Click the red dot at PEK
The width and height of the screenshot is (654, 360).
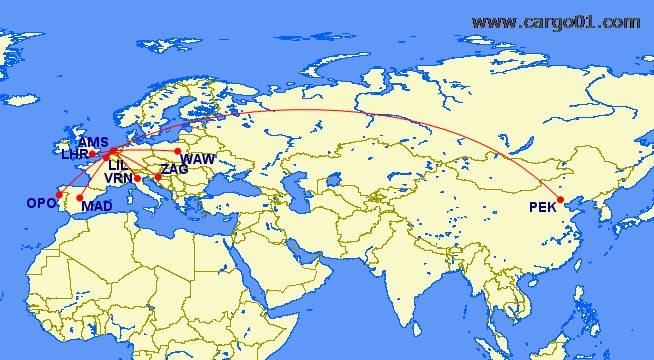[561, 199]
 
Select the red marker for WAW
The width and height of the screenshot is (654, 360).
[178, 152]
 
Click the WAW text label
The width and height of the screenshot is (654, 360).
[198, 159]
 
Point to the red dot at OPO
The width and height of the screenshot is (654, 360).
[59, 194]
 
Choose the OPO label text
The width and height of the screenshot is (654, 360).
[41, 203]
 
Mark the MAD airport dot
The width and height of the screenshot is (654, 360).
[80, 198]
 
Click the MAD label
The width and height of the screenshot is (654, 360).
[97, 207]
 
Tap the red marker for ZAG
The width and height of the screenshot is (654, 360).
[158, 177]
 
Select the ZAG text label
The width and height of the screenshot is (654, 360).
[173, 169]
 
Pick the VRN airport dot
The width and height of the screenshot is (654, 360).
[137, 178]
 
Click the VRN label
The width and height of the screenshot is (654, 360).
[118, 178]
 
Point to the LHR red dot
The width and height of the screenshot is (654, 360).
[93, 154]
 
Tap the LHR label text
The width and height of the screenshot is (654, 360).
[75, 154]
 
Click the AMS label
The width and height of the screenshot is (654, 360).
[92, 142]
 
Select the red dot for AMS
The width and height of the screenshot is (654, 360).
[113, 151]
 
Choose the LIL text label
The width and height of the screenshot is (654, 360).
[118, 165]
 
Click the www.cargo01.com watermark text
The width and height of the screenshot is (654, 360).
[555, 22]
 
